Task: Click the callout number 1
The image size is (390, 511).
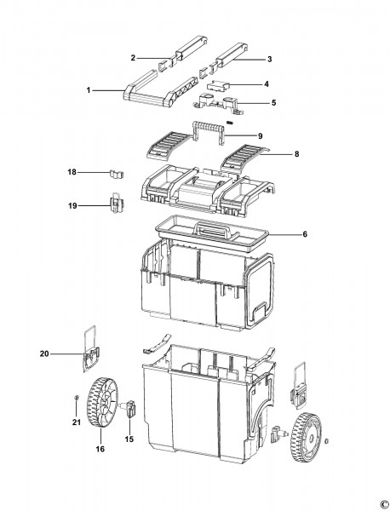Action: pyautogui.click(x=89, y=90)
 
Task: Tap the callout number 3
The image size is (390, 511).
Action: pyautogui.click(x=269, y=60)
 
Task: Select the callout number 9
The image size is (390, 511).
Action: pyautogui.click(x=260, y=136)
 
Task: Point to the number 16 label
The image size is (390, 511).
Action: pyautogui.click(x=100, y=449)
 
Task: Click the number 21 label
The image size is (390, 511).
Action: pyautogui.click(x=77, y=422)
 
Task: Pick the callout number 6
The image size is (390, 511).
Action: pyautogui.click(x=305, y=234)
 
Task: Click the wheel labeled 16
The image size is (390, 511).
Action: pyautogui.click(x=102, y=404)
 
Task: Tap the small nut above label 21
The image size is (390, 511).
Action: pyautogui.click(x=77, y=397)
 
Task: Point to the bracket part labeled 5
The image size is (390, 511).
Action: pyautogui.click(x=220, y=104)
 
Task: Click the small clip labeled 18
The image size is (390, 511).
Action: pyautogui.click(x=117, y=174)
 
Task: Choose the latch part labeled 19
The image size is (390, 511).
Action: pyautogui.click(x=116, y=204)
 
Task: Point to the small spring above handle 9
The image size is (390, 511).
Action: pyautogui.click(x=231, y=123)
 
